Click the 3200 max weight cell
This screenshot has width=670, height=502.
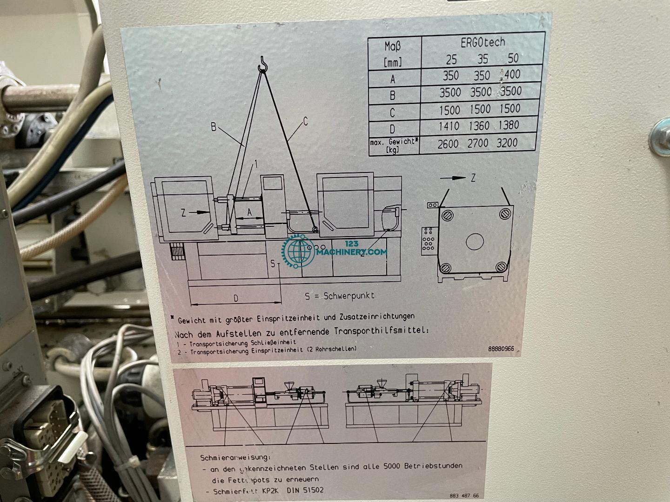pos(506,143)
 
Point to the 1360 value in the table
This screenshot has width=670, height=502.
pos(480,126)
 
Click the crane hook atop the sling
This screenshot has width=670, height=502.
pos(264,64)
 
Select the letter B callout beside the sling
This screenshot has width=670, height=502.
pos(214,126)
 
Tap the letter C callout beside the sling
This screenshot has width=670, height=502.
pos(306,122)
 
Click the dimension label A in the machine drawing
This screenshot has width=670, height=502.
pos(249,211)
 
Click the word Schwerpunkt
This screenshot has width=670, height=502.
pos(346,296)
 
